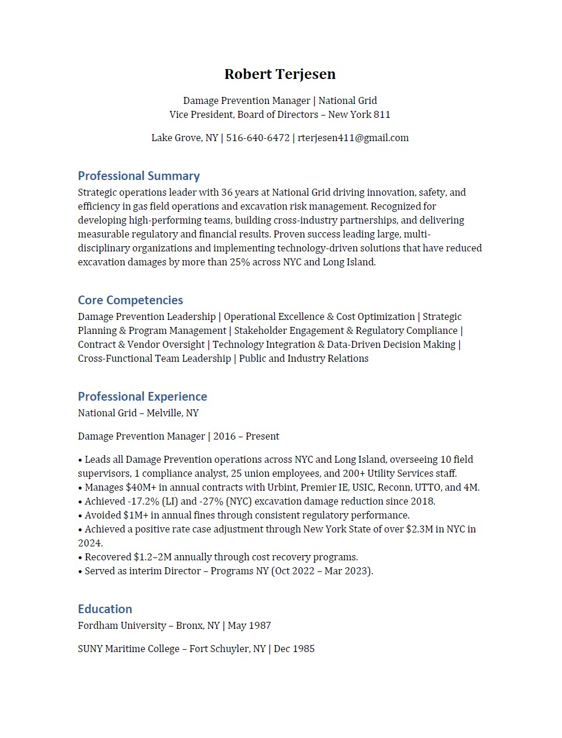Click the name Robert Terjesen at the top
pyautogui.click(x=280, y=74)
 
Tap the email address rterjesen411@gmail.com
pyautogui.click(x=353, y=138)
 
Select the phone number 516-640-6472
pyautogui.click(x=258, y=138)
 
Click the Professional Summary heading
pyautogui.click(x=139, y=176)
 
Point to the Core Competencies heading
pyautogui.click(x=131, y=300)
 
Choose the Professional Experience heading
pyautogui.click(x=142, y=397)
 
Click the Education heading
pyautogui.click(x=105, y=609)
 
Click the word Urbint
pyautogui.click(x=281, y=488)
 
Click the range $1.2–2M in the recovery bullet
pyautogui.click(x=152, y=557)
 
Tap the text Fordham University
pyautogui.click(x=122, y=626)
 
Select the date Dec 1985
pyautogui.click(x=294, y=649)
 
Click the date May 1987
pyautogui.click(x=249, y=626)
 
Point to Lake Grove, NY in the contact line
pyautogui.click(x=185, y=138)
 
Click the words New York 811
pyautogui.click(x=359, y=115)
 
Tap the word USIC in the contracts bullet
pyautogui.click(x=363, y=488)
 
